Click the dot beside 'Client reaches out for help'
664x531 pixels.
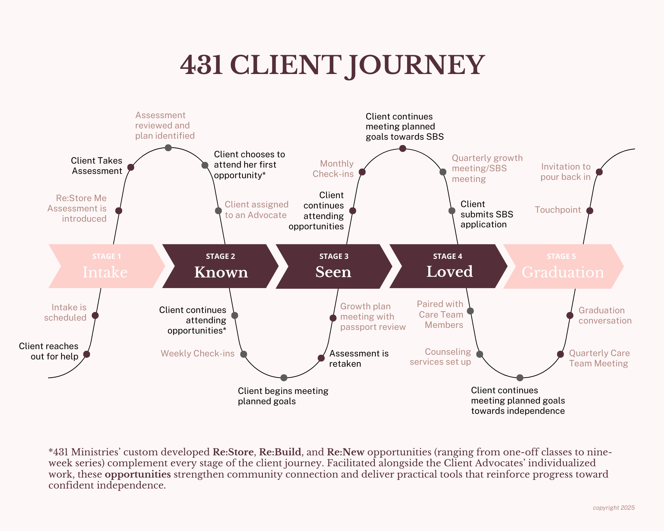point(87,354)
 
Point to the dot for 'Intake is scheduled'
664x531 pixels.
point(95,315)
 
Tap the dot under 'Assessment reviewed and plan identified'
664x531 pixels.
point(168,148)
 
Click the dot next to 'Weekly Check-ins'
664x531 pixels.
point(244,354)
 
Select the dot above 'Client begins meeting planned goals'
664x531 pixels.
point(284,378)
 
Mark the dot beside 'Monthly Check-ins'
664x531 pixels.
point(362,172)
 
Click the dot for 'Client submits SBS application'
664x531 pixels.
point(452,211)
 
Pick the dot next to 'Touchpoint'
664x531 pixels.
point(590,211)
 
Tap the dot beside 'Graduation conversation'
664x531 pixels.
point(570,315)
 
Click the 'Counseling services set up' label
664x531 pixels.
point(440,357)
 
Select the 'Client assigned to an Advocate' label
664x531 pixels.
point(256,210)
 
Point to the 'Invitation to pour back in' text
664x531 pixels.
point(565,172)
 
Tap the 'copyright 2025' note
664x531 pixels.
point(614,508)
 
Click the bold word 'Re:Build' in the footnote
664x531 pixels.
point(280,452)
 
